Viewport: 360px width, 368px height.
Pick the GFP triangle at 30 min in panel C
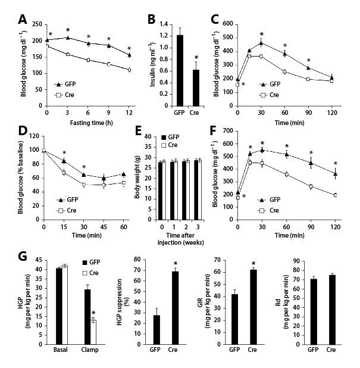tap(261, 43)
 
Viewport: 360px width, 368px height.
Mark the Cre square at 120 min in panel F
tap(335, 195)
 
